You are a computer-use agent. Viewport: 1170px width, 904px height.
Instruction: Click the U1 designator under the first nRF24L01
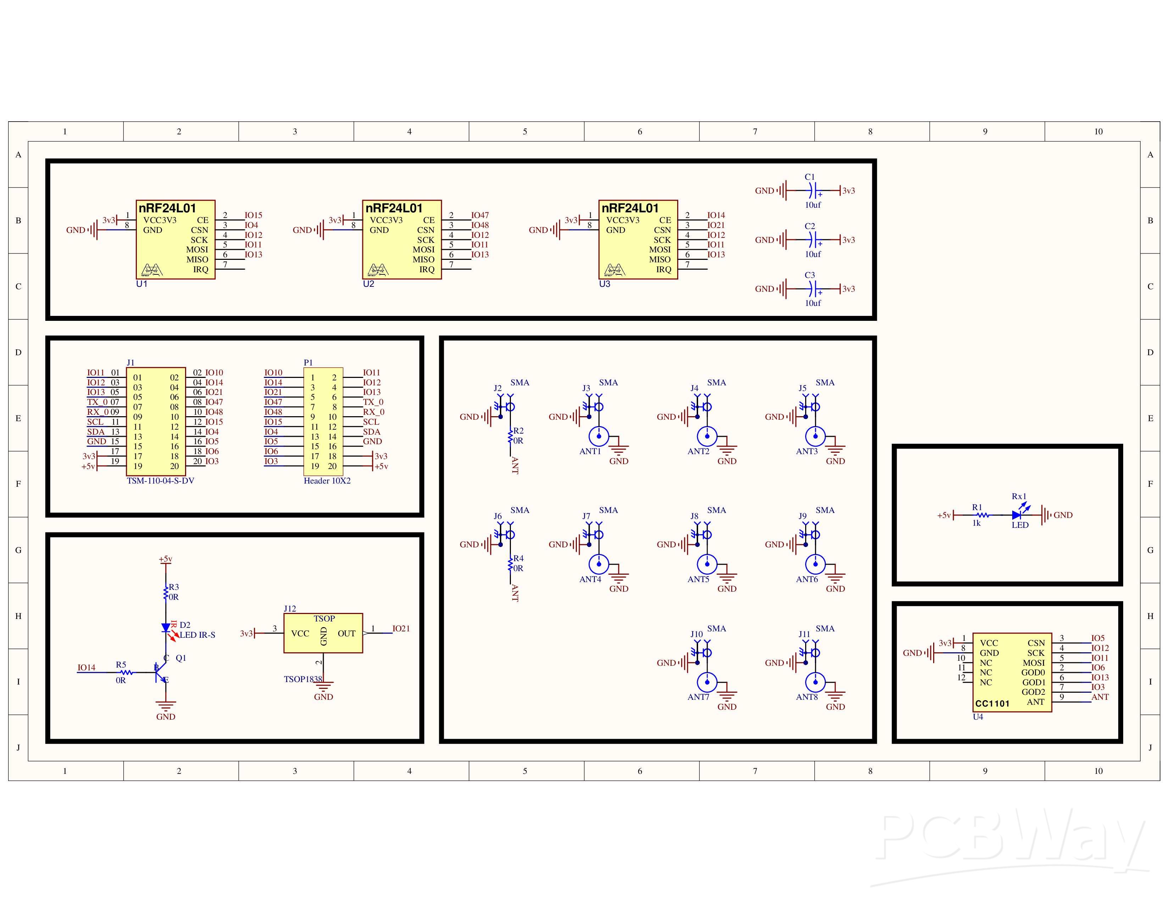click(x=141, y=284)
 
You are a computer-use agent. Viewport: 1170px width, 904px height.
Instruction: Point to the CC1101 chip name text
click(x=992, y=704)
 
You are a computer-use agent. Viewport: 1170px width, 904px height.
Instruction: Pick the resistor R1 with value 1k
click(x=981, y=515)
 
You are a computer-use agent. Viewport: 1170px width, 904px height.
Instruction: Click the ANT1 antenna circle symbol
click(x=599, y=436)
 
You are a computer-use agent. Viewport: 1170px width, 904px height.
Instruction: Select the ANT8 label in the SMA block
click(x=807, y=697)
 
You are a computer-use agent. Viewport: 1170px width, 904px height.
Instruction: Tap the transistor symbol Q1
click(x=161, y=673)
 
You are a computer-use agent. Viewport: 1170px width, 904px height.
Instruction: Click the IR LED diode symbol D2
click(x=166, y=628)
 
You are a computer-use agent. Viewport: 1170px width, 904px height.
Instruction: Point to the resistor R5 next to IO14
click(x=126, y=672)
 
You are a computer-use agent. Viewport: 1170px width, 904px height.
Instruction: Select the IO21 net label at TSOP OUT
click(x=401, y=629)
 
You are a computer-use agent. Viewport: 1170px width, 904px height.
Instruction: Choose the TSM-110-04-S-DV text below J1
click(x=160, y=481)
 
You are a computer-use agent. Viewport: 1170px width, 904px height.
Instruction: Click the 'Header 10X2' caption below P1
click(x=327, y=481)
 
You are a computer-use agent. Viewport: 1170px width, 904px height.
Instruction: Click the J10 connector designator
click(x=696, y=634)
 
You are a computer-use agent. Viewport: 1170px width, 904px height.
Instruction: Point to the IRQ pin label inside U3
click(x=663, y=269)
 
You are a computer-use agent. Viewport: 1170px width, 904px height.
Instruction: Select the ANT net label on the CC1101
click(x=1100, y=697)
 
